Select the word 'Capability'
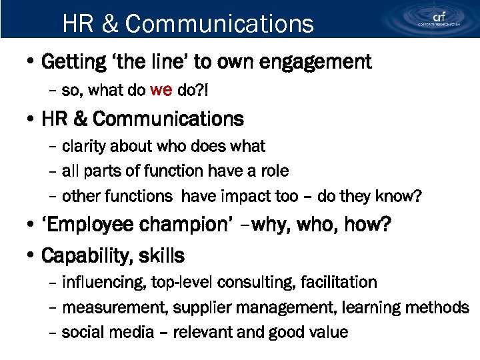tap(83, 255)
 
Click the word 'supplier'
tap(183, 308)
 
